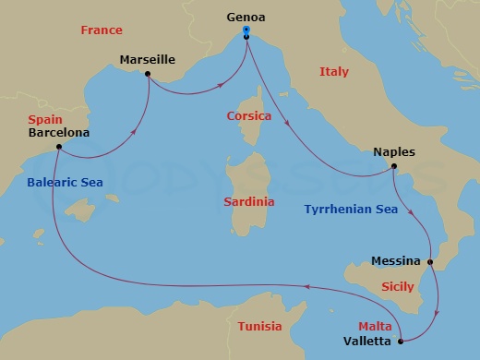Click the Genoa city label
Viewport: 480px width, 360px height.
pyautogui.click(x=246, y=16)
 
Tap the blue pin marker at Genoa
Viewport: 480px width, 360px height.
pyautogui.click(x=246, y=31)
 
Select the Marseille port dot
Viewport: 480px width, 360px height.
pyautogui.click(x=148, y=75)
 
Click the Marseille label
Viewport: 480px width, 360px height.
pyautogui.click(x=148, y=60)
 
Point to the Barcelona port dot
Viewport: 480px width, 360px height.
pyautogui.click(x=58, y=147)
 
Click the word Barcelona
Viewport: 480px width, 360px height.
pyautogui.click(x=59, y=133)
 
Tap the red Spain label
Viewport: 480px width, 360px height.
pyautogui.click(x=45, y=120)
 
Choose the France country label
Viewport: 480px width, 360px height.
pyautogui.click(x=102, y=30)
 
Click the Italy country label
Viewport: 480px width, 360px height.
pyautogui.click(x=334, y=71)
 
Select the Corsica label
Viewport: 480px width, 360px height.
pyautogui.click(x=248, y=116)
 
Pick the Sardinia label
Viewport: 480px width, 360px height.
pyautogui.click(x=249, y=200)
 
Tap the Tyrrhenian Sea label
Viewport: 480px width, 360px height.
pyautogui.click(x=351, y=210)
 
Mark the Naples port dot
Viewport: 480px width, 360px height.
pyautogui.click(x=394, y=167)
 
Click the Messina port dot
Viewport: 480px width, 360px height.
pyautogui.click(x=430, y=261)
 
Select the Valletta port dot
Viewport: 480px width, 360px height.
pyautogui.click(x=400, y=342)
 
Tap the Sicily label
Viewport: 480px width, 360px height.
pyautogui.click(x=397, y=287)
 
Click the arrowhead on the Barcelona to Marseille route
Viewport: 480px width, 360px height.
pyautogui.click(x=136, y=132)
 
